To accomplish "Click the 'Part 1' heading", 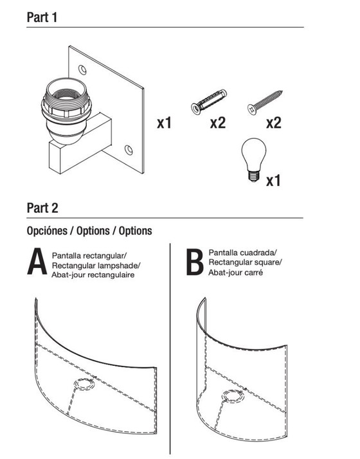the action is pos(42,17).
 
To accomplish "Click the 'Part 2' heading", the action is pos(42,208).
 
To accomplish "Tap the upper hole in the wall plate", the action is pos(82,70).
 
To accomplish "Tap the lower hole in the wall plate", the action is pos(129,150).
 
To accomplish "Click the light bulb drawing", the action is pos(253,160).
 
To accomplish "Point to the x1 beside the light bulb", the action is pos(273,181).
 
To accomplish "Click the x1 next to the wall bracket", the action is pos(164,123).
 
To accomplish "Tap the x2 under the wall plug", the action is pos(218,123).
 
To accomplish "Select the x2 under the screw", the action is pos(274,123).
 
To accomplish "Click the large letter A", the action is pos(37,262).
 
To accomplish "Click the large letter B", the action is pos(195,262).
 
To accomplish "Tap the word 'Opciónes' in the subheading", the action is pos(47,231).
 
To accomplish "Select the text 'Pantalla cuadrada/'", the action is pos(242,253).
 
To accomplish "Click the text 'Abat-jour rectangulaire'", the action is pos(93,275).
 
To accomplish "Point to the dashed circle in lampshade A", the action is pos(84,384).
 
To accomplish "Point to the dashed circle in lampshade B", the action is pos(233,396).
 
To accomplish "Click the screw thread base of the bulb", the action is pos(253,176).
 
